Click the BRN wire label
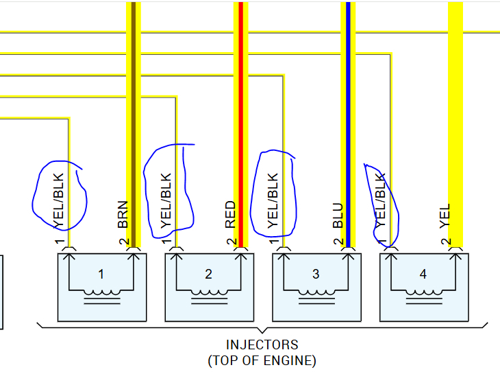[123, 214]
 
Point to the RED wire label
[230, 214]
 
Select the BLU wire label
[337, 214]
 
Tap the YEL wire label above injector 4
[445, 215]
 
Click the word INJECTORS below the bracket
[262, 345]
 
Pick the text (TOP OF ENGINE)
[262, 360]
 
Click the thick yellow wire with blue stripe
[348, 103]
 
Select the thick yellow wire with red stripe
[240, 103]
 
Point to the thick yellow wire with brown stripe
[134, 103]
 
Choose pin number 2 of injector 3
[338, 242]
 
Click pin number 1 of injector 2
[166, 242]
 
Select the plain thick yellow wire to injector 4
[455, 103]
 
